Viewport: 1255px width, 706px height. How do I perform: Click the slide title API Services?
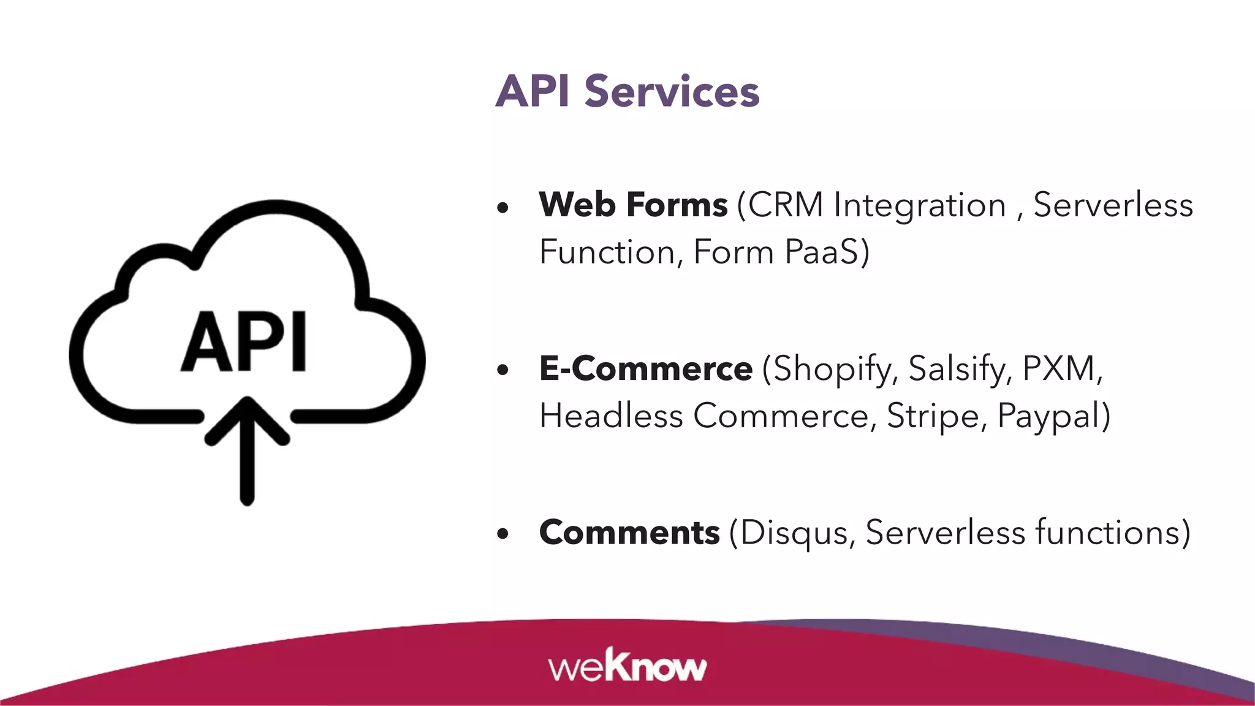pyautogui.click(x=627, y=91)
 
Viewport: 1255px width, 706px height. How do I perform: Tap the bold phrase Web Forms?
pyautogui.click(x=633, y=205)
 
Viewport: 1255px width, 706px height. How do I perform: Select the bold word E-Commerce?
pyautogui.click(x=645, y=369)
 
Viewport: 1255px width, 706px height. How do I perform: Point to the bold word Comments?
pyautogui.click(x=629, y=532)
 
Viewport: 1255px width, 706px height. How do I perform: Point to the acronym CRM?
pyautogui.click(x=786, y=205)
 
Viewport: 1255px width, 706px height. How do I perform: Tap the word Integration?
pyautogui.click(x=919, y=205)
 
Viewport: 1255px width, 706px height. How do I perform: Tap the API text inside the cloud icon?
pyautogui.click(x=244, y=342)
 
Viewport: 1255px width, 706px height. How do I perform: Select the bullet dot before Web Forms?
pyautogui.click(x=503, y=208)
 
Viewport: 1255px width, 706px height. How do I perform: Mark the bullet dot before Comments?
pyautogui.click(x=503, y=534)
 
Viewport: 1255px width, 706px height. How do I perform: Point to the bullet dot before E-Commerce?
pyautogui.click(x=503, y=370)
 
